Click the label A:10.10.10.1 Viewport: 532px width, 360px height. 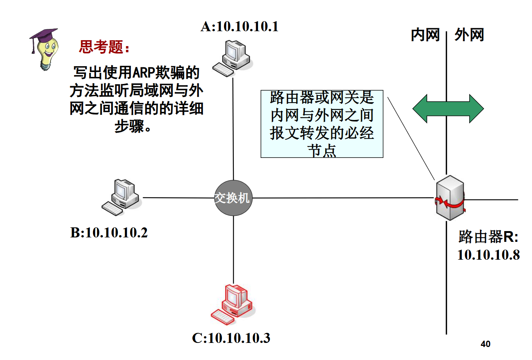[239, 27]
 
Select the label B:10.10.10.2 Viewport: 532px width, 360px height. [109, 233]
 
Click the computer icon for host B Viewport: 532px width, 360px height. [122, 197]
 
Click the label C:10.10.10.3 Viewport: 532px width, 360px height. [231, 338]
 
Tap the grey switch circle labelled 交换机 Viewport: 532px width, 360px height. [233, 198]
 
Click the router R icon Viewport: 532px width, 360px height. [450, 198]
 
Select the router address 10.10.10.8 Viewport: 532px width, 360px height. [488, 255]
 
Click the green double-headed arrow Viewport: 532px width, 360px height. [448, 108]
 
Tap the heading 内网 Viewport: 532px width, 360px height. [425, 35]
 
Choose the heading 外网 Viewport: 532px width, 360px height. [469, 35]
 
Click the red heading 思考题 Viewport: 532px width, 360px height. [104, 48]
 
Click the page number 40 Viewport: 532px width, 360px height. [485, 344]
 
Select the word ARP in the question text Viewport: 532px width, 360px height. [143, 73]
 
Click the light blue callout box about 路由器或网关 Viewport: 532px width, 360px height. [322, 124]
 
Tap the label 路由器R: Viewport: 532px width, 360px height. [488, 237]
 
